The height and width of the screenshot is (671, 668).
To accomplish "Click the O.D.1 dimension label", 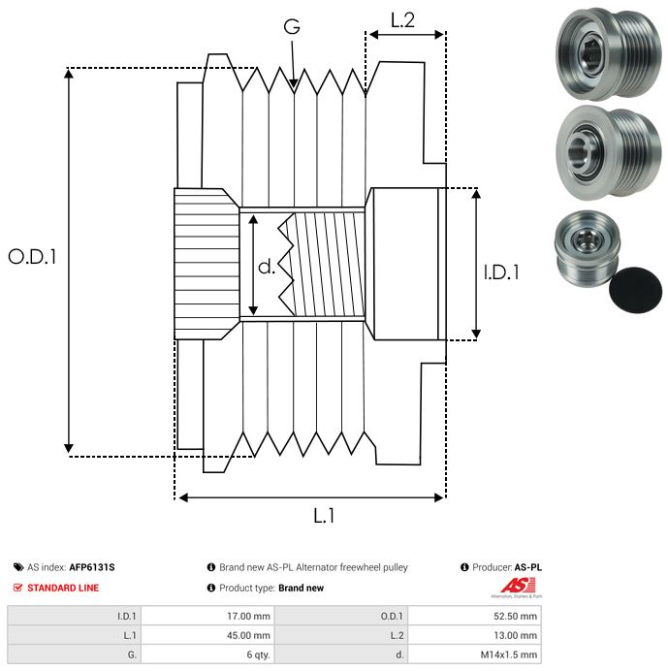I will point(33,257).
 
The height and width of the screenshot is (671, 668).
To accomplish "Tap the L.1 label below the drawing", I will point(324,516).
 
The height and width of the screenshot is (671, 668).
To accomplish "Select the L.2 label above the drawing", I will point(402,19).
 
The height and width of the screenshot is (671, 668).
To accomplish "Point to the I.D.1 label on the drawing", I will point(501,273).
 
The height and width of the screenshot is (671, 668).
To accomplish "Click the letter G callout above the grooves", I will point(292,28).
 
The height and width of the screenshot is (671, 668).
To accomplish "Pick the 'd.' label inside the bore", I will point(267,267).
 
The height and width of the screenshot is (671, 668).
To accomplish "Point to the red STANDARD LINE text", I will point(63,588).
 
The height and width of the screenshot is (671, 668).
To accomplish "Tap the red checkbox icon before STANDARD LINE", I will point(18,588).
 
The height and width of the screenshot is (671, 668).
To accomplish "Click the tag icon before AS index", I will point(18,567).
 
